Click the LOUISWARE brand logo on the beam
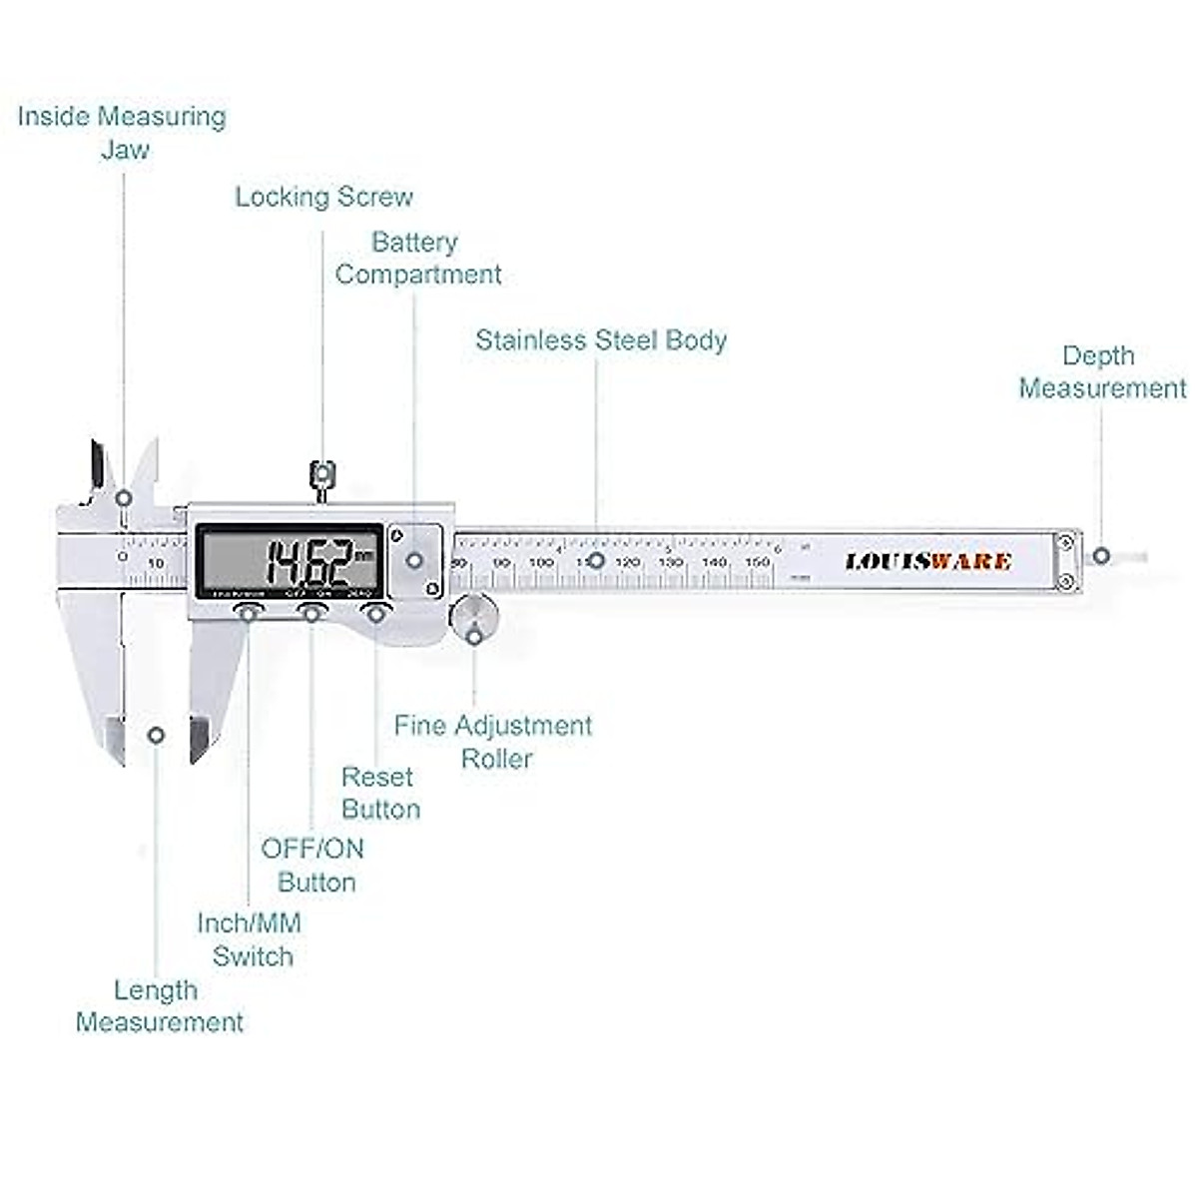click(927, 561)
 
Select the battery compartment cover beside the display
click(416, 560)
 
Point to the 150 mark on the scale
click(758, 563)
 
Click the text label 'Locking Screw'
click(323, 197)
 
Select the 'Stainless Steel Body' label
click(600, 340)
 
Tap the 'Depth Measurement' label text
click(1101, 372)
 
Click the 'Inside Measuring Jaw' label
click(122, 133)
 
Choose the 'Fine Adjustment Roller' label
click(493, 742)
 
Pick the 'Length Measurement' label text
click(159, 1006)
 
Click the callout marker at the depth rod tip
click(1101, 555)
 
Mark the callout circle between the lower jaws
click(156, 735)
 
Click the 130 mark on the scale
click(671, 563)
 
